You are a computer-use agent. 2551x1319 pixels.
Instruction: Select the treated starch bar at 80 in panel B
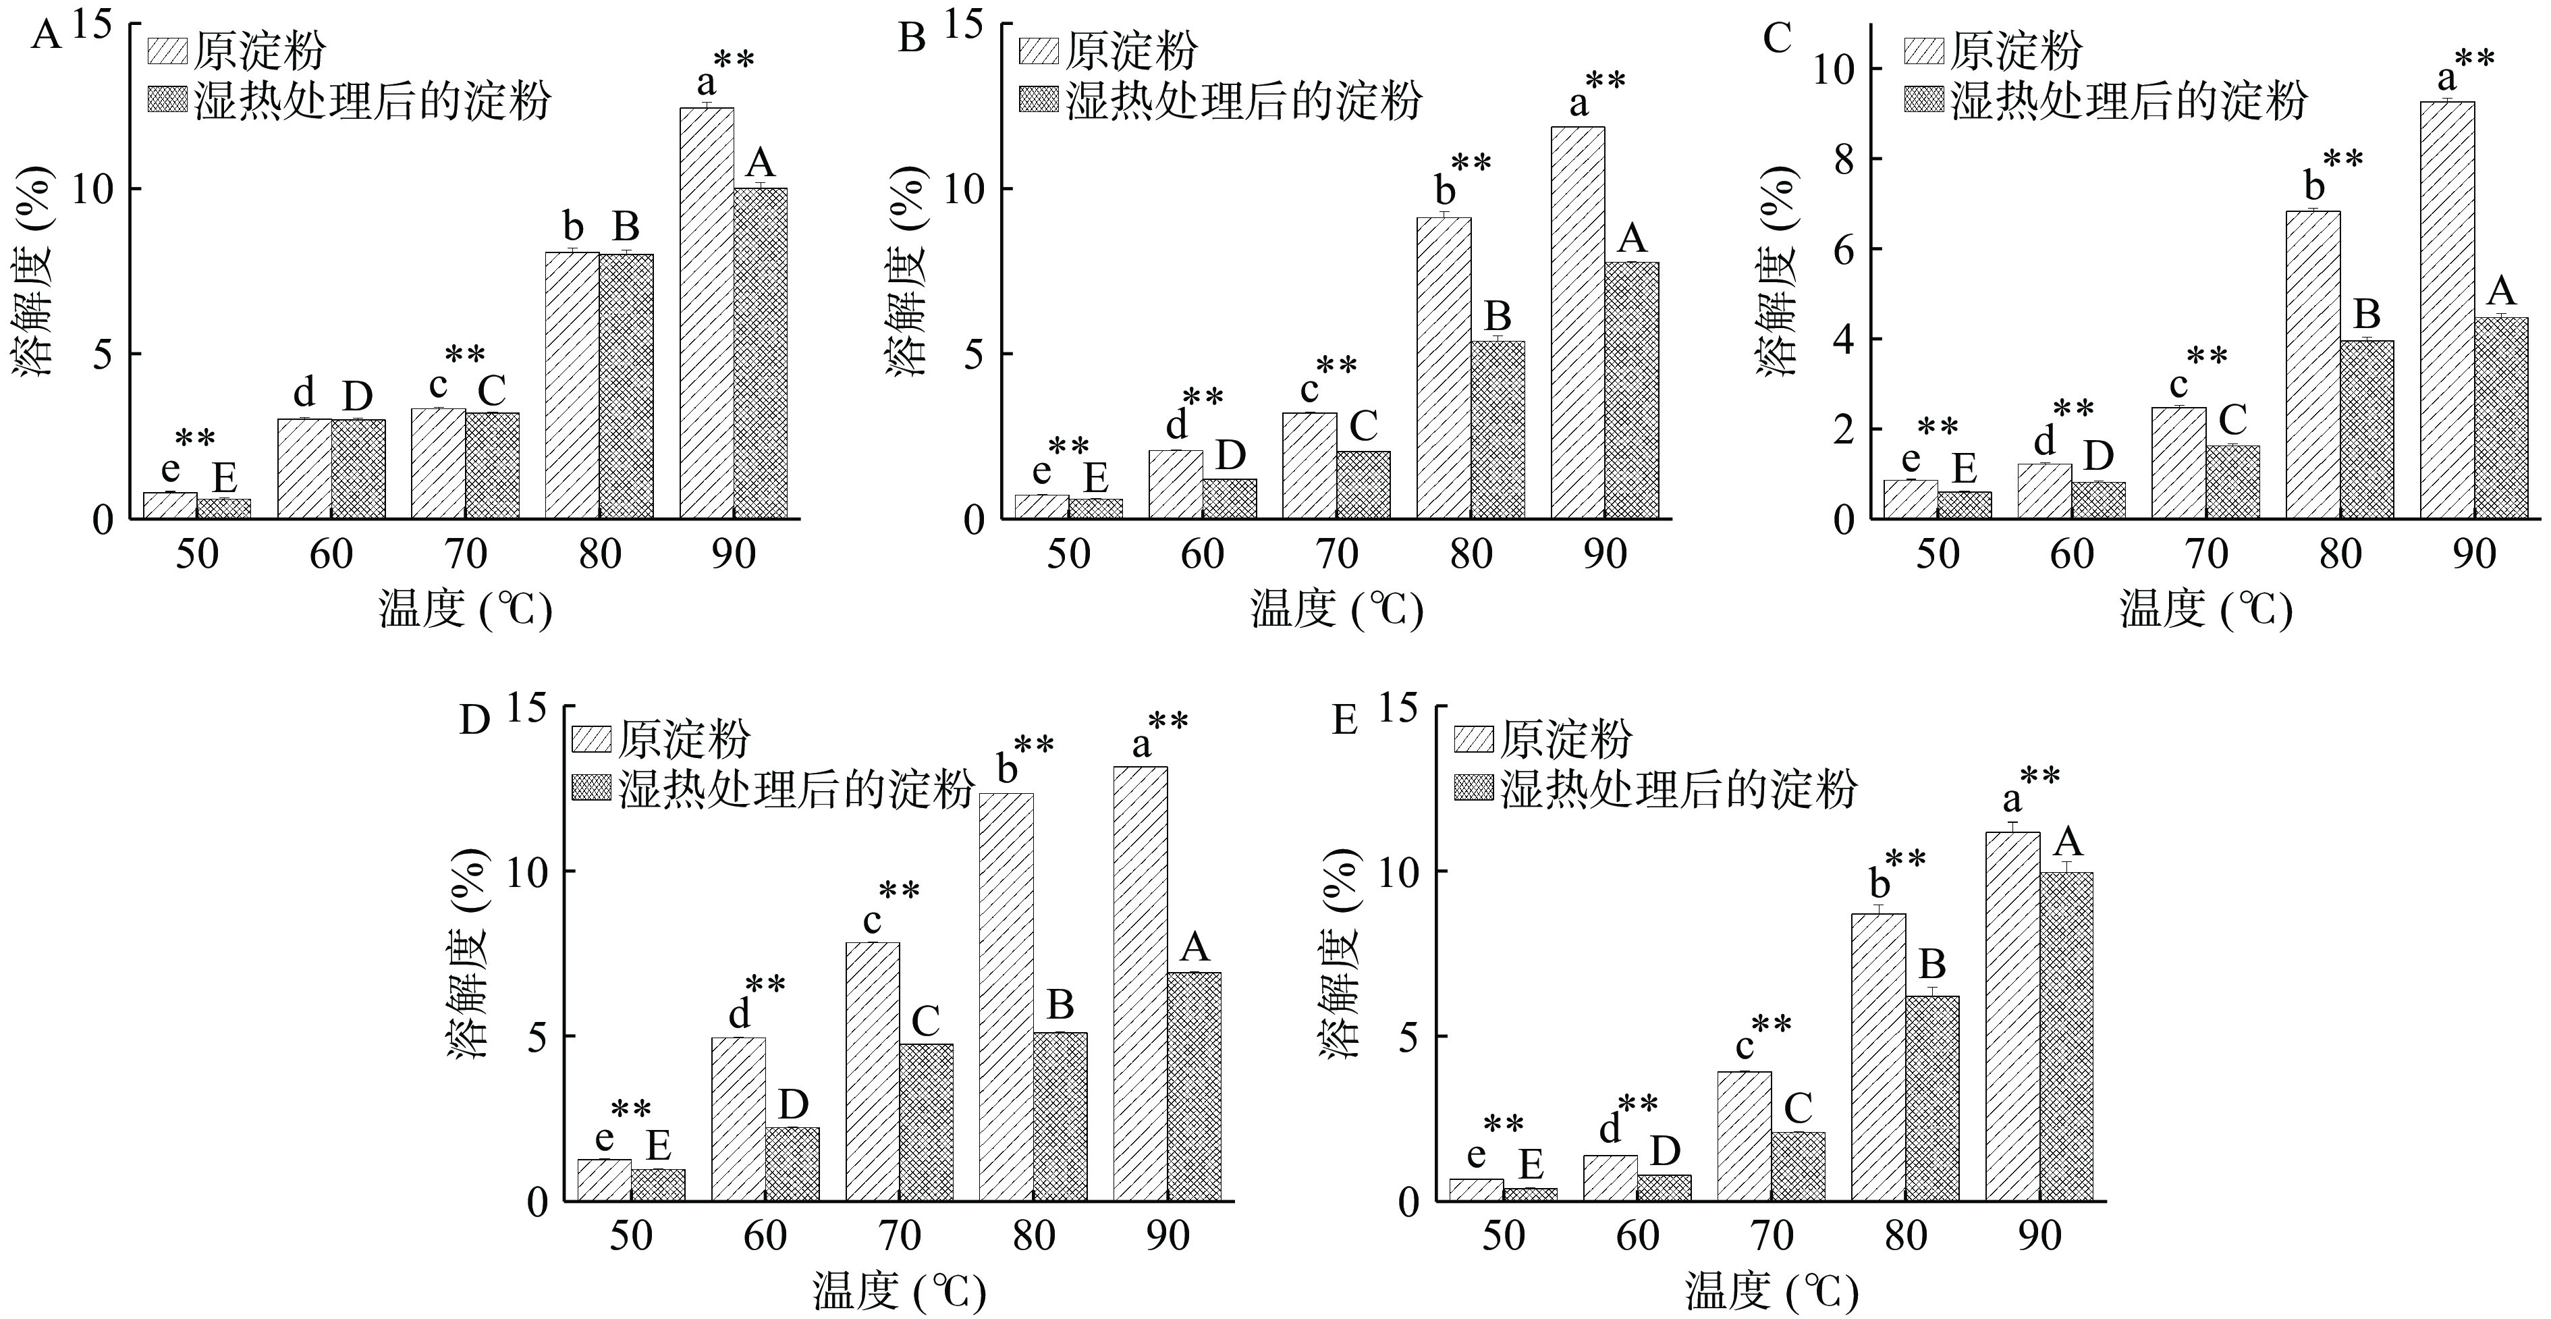[1498, 430]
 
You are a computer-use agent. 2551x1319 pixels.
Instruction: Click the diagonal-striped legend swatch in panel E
[1473, 738]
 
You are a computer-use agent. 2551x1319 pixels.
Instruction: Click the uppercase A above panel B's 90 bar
[1631, 239]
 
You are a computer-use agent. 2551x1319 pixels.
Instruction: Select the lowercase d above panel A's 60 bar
[304, 392]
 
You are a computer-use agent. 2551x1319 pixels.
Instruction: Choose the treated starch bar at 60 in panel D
[792, 1164]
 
